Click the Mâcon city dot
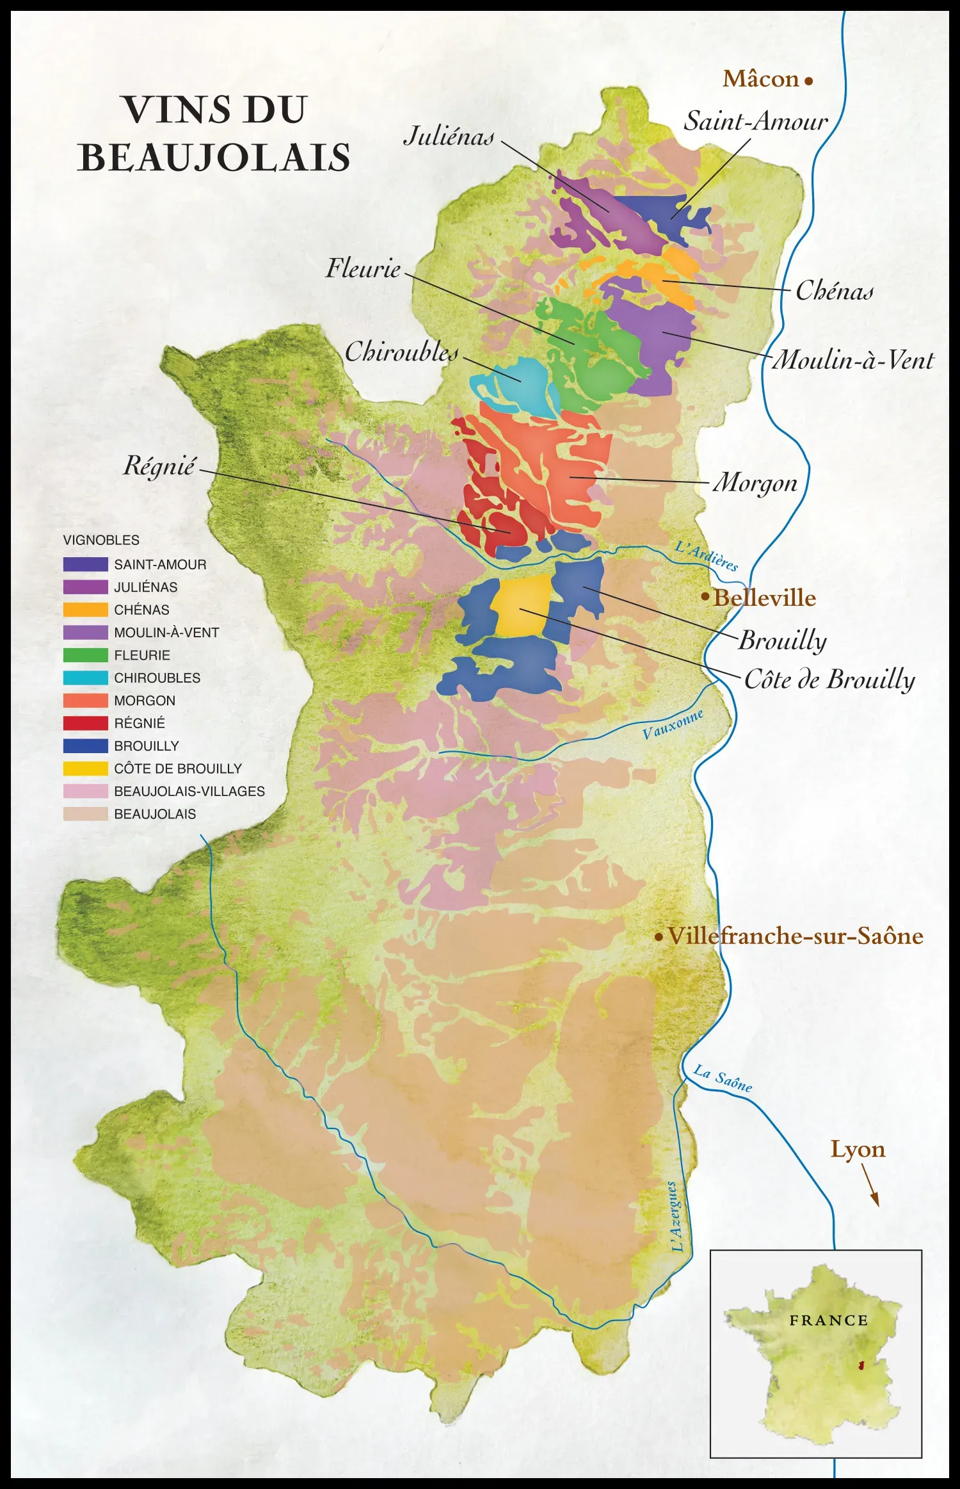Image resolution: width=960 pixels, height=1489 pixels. click(x=809, y=81)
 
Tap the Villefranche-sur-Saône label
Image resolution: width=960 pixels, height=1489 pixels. click(x=795, y=936)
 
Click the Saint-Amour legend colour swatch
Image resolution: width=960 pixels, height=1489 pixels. click(x=85, y=564)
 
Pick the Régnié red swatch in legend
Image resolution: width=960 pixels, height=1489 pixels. click(x=85, y=723)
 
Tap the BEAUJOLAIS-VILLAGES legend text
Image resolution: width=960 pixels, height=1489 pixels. click(x=189, y=791)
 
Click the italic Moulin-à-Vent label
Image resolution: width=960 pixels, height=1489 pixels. click(x=853, y=360)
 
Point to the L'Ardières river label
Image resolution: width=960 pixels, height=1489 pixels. click(x=707, y=555)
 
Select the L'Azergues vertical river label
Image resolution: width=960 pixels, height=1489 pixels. click(x=675, y=1216)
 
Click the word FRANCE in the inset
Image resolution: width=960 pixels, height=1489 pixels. click(x=828, y=1321)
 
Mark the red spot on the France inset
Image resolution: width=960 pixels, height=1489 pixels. click(x=861, y=1365)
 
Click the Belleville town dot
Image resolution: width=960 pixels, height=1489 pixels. click(x=705, y=596)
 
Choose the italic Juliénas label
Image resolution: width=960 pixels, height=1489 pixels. click(x=449, y=136)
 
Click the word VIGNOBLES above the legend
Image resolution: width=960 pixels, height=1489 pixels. click(x=101, y=540)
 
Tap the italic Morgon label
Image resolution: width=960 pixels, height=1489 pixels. click(x=755, y=483)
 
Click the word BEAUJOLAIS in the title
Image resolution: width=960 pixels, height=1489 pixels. click(x=214, y=158)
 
